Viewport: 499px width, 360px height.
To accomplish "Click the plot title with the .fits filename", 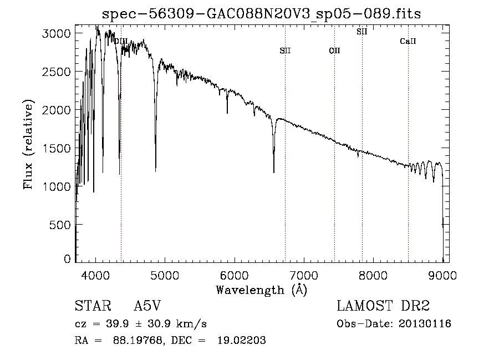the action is pos(261,13).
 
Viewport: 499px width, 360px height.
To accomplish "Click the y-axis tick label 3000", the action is pos(56,33).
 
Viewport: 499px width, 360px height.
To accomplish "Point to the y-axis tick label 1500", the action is pos(56,148).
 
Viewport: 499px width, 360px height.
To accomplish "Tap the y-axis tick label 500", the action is pos(59,225).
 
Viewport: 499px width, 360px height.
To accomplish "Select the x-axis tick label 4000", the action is pos(95,275).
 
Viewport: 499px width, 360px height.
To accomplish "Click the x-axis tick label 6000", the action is pos(234,275).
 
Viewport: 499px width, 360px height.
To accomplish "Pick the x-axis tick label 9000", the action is pos(442,275).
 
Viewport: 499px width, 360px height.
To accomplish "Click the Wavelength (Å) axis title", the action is pos(262,290).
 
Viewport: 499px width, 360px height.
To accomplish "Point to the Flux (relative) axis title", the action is pos(28,144).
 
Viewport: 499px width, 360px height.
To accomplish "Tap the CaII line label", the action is pos(408,41).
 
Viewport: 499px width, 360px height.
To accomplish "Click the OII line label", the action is pos(334,50).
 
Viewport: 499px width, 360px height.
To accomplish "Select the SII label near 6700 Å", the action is pos(285,50).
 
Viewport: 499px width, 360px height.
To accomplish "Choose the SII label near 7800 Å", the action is pos(362,32).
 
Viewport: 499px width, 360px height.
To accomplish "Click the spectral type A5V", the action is pos(147,306).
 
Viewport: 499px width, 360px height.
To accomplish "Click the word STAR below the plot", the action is pos(93,306).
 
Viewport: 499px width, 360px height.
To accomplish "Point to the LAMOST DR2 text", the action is pos(383,306).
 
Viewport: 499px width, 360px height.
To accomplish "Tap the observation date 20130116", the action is pos(425,324).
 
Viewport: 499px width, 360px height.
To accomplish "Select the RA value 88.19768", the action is pos(139,340).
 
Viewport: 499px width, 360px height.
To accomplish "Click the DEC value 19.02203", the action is pos(242,340).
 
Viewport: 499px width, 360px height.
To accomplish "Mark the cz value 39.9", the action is pos(118,324).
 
